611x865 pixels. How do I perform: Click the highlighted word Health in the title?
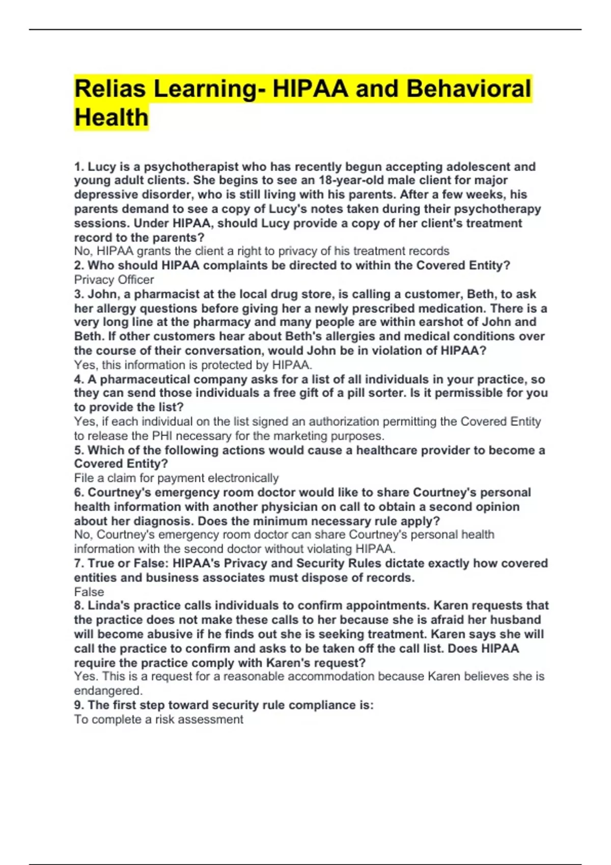[112, 118]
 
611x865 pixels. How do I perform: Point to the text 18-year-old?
[351, 180]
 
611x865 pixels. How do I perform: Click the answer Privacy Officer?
[114, 279]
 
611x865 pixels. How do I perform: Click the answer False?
[89, 592]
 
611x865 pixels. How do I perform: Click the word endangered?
[107, 690]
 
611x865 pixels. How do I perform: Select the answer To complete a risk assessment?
[158, 719]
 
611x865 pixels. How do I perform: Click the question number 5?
[78, 450]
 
